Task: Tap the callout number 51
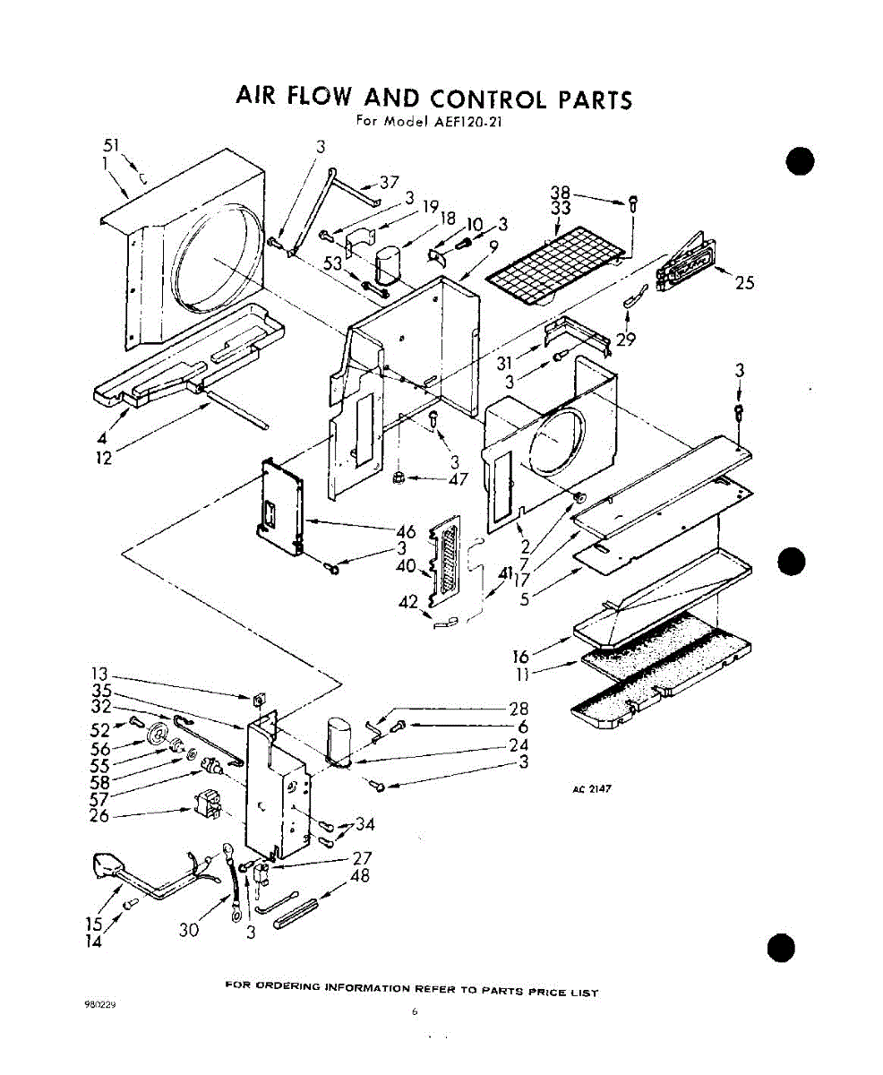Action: coord(112,147)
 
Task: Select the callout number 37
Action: coord(389,182)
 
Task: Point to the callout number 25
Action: coord(744,284)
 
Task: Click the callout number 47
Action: coord(459,478)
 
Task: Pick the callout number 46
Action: coord(405,532)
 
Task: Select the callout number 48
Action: coord(359,877)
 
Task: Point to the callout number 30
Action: coord(188,930)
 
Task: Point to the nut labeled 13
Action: coord(256,698)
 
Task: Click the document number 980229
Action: coord(100,1005)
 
